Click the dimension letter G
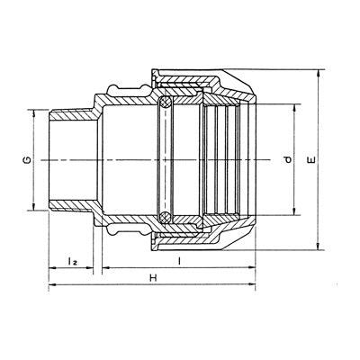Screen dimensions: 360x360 [27, 160]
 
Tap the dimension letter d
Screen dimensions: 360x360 [288, 160]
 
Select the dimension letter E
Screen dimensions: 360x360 [312, 160]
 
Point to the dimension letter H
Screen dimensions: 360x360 [153, 278]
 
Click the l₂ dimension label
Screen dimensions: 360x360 [72, 261]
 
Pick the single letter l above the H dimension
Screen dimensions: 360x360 [179, 261]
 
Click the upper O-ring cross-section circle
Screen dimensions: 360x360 [166, 103]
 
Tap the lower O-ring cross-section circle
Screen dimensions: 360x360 [166, 217]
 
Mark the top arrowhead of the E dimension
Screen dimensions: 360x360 [319, 74]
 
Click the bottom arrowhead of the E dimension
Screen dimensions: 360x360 [319, 246]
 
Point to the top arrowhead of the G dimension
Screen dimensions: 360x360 [33, 114]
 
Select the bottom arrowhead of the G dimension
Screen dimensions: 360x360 [33, 206]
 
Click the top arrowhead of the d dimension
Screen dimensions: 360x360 [294, 109]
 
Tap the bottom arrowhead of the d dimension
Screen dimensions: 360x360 [294, 211]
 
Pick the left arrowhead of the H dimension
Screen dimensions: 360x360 [53, 284]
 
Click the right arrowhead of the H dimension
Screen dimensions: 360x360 [251, 284]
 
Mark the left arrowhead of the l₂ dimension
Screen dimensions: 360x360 [53, 267]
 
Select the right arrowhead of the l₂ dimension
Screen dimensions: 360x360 [89, 267]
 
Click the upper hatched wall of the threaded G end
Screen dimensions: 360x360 [72, 115]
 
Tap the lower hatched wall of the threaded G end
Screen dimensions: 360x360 [72, 205]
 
